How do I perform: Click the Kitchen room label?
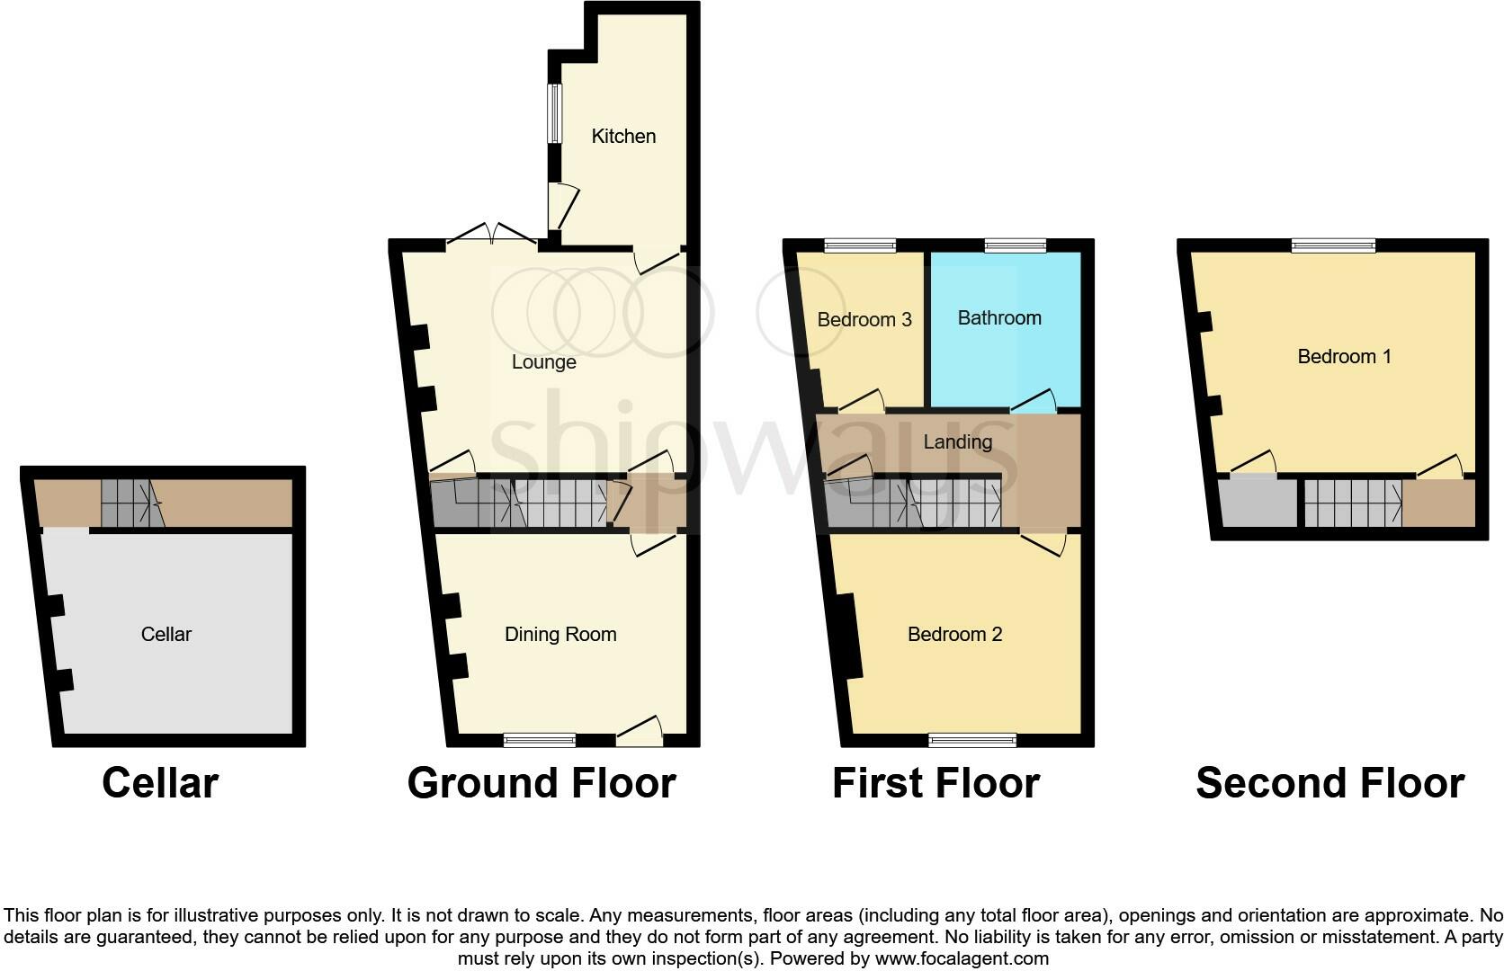(x=623, y=137)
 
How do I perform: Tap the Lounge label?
(x=543, y=362)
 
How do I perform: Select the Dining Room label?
(x=560, y=635)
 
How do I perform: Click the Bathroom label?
(x=999, y=318)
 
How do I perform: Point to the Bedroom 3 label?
(x=864, y=320)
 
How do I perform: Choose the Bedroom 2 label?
(x=954, y=635)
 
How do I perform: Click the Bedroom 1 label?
(x=1344, y=357)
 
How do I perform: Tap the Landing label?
(x=957, y=442)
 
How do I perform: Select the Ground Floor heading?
(x=542, y=783)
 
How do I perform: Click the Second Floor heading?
(x=1329, y=783)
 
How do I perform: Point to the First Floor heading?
(x=936, y=783)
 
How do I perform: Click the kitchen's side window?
(x=555, y=113)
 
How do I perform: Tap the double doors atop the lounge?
(x=492, y=236)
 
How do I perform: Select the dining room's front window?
(x=540, y=740)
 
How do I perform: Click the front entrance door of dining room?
(x=640, y=733)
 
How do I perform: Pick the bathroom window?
(x=1016, y=245)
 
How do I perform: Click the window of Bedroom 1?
(x=1334, y=245)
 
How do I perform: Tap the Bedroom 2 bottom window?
(x=972, y=740)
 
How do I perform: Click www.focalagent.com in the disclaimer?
(x=962, y=958)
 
